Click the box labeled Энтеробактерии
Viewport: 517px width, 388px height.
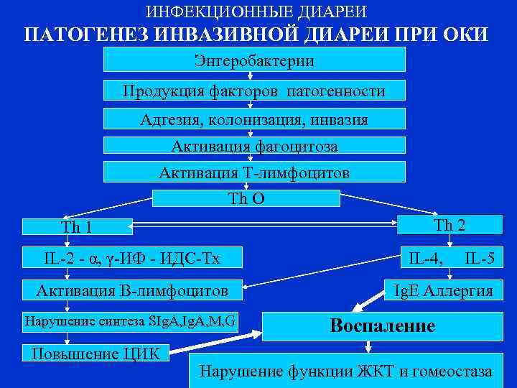[254, 60]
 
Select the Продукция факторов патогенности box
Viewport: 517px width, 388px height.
[254, 91]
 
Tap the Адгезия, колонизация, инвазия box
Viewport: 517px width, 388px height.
[254, 119]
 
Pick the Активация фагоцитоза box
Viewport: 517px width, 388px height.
[254, 146]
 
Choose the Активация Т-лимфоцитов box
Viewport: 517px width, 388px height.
[254, 173]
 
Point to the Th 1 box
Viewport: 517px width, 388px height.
[77, 227]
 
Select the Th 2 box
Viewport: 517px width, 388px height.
[450, 225]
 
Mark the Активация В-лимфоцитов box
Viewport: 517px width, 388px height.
[131, 290]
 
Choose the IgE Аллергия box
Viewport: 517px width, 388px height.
[449, 290]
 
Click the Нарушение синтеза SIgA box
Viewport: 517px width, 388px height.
[131, 320]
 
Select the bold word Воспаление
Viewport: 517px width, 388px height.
[382, 325]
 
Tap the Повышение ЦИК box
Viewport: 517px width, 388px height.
[95, 354]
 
